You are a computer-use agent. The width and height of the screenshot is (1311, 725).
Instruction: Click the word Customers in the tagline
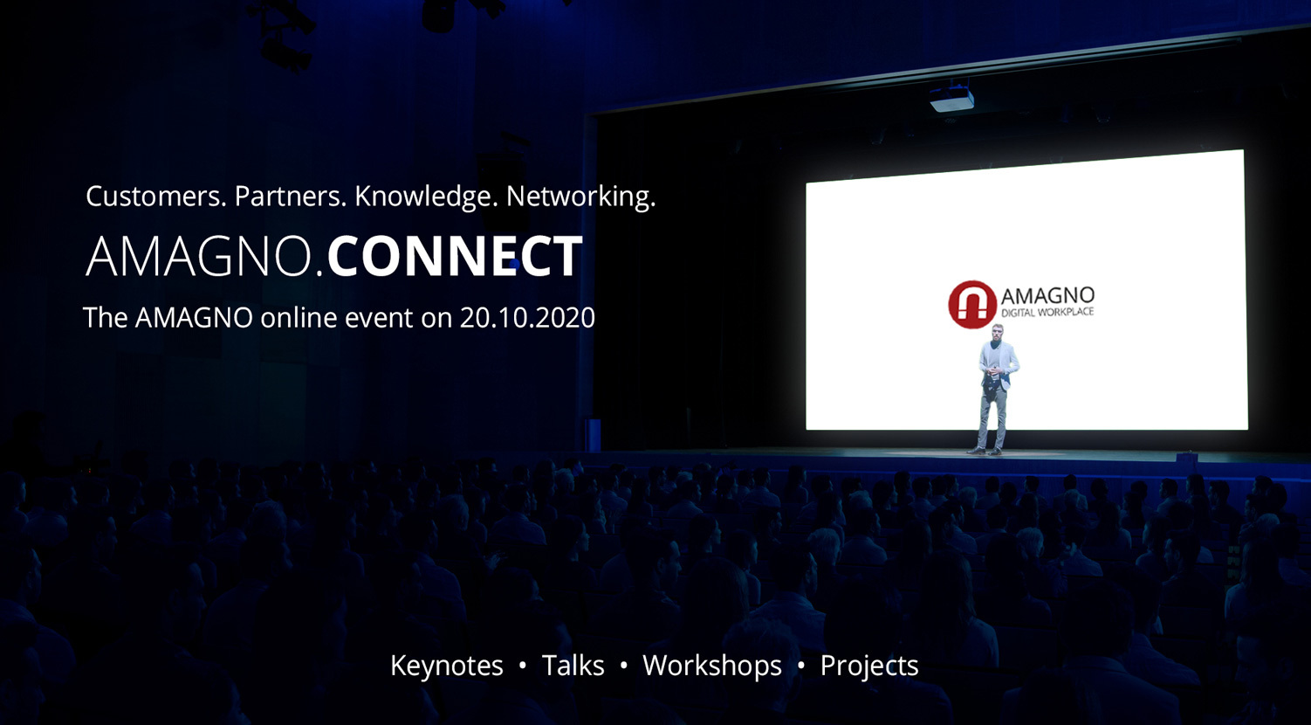155,197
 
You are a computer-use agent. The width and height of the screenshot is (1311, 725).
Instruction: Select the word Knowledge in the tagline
426,197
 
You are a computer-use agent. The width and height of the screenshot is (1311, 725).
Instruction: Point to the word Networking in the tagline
580,197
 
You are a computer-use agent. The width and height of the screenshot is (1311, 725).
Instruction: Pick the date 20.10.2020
527,318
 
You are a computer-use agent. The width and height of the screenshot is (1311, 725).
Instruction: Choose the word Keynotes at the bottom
447,666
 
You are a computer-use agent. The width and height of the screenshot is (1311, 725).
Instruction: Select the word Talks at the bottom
573,666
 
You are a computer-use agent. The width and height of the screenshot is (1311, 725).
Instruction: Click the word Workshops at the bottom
711,666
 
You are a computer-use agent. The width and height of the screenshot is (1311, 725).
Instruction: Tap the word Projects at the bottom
869,666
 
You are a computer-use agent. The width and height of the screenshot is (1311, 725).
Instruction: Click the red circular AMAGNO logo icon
972,304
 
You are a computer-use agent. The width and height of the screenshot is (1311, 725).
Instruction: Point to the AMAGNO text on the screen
1047,296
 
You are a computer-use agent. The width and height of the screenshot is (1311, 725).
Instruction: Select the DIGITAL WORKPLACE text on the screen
1047,313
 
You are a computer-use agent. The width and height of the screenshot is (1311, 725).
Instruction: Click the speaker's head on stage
998,334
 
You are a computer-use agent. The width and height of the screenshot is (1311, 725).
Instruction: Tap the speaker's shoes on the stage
985,451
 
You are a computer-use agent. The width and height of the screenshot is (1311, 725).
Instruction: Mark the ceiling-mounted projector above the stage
951,99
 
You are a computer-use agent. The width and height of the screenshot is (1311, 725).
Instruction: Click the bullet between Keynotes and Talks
523,666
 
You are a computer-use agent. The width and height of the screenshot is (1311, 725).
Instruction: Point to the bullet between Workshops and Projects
801,666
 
